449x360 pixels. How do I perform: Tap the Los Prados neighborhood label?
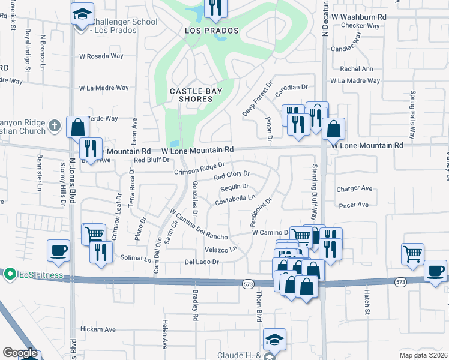click(211, 31)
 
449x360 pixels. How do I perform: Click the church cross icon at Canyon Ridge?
click(55, 126)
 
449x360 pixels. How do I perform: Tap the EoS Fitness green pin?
click(10, 275)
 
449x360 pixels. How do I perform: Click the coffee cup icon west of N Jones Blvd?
click(58, 250)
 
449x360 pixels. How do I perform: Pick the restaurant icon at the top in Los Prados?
click(214, 7)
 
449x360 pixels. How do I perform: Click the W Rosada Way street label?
click(101, 56)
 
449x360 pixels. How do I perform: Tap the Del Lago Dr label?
click(201, 262)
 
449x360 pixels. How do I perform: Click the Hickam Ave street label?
click(98, 329)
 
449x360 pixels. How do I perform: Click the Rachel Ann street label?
click(357, 69)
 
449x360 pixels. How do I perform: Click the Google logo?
click(20, 353)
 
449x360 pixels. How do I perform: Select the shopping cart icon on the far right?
click(412, 253)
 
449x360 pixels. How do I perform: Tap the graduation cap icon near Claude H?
click(274, 339)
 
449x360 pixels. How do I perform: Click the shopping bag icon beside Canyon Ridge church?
click(77, 127)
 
